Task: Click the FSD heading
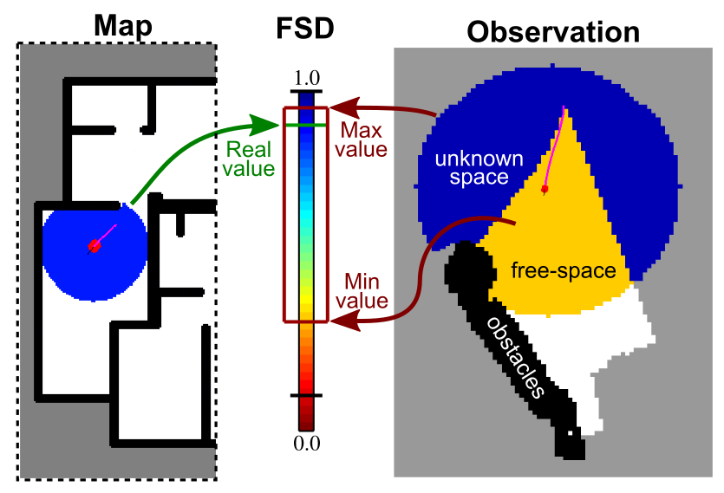pos(304,31)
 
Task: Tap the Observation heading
pos(553,32)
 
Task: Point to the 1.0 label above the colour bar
pos(307,77)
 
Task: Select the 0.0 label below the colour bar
pos(307,444)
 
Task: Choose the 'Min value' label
pos(365,291)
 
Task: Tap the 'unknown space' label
pos(479,168)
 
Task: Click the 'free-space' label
pos(564,270)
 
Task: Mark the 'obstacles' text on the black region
pos(517,356)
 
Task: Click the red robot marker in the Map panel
pos(94,247)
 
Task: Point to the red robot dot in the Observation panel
pos(545,189)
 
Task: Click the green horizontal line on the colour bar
pos(306,126)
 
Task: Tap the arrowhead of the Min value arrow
pos(340,321)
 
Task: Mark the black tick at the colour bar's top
pos(306,91)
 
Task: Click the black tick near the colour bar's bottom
pos(306,395)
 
